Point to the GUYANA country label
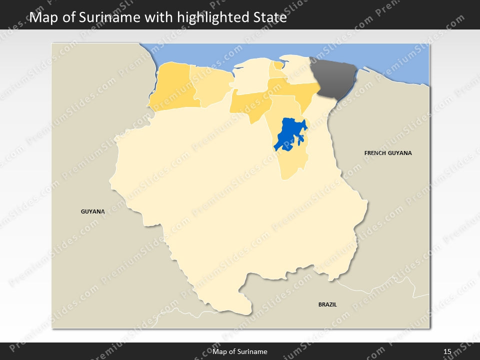(x=93, y=211)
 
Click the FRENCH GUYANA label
(x=388, y=153)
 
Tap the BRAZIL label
(x=327, y=304)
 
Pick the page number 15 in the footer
(x=447, y=351)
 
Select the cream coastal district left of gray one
(x=298, y=70)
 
